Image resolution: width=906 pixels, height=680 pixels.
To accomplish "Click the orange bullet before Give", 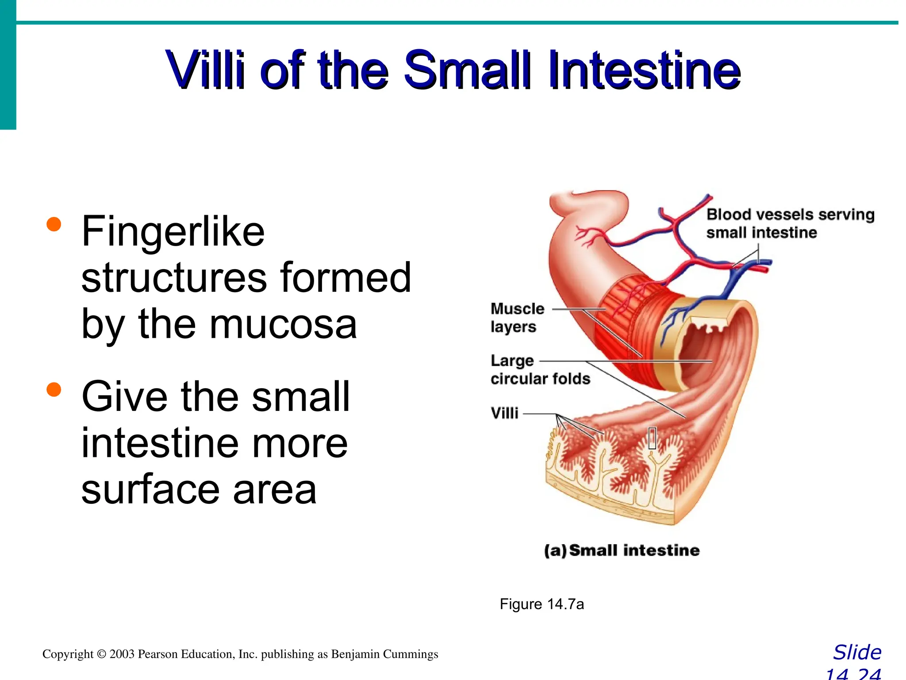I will [54, 390].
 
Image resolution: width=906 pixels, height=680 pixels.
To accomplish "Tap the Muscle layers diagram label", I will [517, 317].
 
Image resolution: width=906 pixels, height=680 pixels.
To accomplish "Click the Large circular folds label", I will [540, 370].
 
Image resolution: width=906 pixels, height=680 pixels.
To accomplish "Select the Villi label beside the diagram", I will [504, 413].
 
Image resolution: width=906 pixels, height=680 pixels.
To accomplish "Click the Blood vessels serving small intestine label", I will [790, 223].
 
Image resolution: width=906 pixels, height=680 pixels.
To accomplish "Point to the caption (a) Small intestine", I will [622, 550].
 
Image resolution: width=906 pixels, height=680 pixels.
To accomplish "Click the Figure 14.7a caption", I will [541, 604].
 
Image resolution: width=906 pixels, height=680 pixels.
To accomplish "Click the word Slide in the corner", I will [857, 653].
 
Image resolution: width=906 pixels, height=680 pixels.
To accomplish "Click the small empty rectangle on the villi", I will [652, 438].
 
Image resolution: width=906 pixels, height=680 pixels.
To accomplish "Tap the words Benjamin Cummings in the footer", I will [384, 654].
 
